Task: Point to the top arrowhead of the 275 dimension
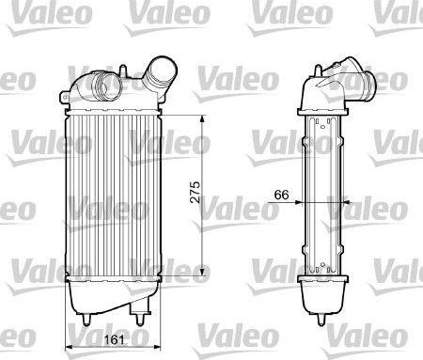tap(204, 118)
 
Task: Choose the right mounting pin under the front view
tap(137, 320)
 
